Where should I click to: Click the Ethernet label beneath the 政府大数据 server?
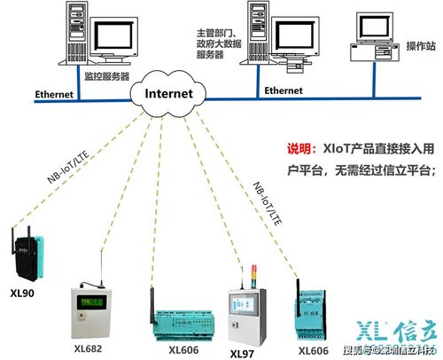click(284, 90)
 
